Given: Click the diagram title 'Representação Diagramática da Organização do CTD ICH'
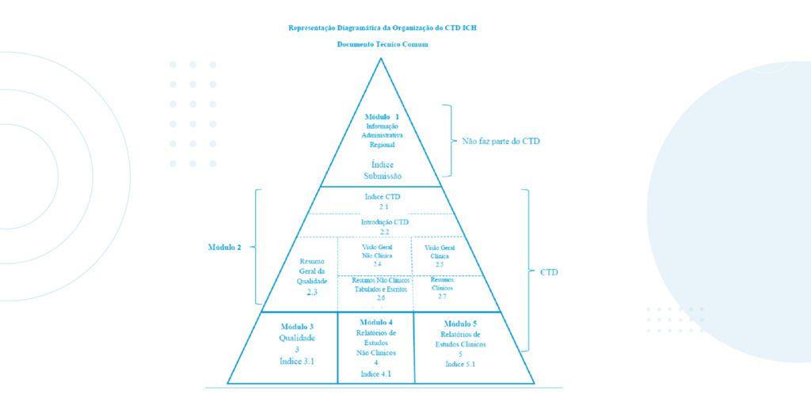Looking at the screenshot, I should (383, 28).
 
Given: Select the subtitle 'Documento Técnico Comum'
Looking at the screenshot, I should (383, 44).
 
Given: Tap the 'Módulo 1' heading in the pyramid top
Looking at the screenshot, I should (383, 116).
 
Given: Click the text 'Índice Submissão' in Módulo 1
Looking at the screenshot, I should (383, 169).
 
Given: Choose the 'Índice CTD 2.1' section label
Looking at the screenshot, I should (383, 201).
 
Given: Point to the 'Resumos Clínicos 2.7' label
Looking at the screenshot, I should (442, 288).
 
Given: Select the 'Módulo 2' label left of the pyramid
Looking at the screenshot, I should (225, 248).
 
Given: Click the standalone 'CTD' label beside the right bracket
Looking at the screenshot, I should (550, 272).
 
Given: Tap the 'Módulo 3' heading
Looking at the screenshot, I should (297, 327).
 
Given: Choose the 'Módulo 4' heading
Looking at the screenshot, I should (376, 322).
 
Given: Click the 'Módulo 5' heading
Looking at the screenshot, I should (461, 324).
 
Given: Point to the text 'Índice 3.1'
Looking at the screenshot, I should (297, 361).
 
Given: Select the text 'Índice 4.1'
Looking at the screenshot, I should (376, 373).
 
